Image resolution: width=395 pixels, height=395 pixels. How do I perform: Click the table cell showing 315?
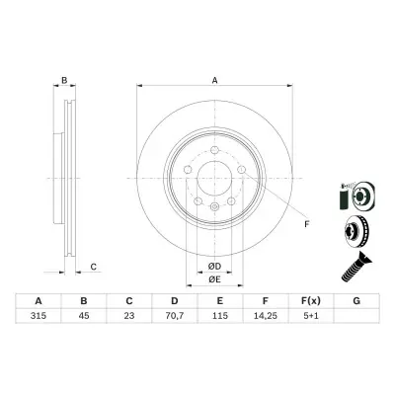pyautogui.click(x=39, y=316)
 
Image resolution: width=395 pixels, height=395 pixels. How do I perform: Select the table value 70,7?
pyautogui.click(x=175, y=316)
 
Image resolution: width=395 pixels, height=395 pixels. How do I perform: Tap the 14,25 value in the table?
pyautogui.click(x=266, y=316)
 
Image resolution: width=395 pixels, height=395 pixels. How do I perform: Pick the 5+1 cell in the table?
pyautogui.click(x=311, y=316)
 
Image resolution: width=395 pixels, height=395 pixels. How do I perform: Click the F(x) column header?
pyautogui.click(x=311, y=301)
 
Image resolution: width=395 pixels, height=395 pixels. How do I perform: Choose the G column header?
pyautogui.click(x=356, y=301)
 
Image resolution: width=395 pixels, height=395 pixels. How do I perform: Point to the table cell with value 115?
pyautogui.click(x=220, y=316)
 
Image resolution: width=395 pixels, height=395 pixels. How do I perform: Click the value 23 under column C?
pyautogui.click(x=129, y=316)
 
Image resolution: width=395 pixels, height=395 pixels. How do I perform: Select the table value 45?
pyautogui.click(x=84, y=316)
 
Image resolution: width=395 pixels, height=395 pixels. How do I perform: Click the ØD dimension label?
pyautogui.click(x=214, y=267)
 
